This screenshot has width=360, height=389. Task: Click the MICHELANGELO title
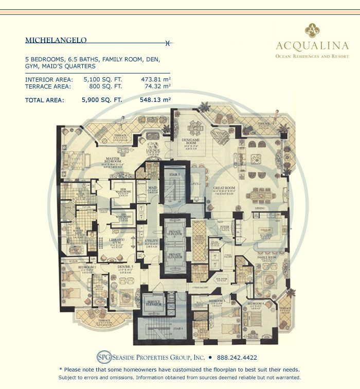[x=56, y=40]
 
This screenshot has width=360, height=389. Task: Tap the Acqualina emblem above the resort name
[x=312, y=30]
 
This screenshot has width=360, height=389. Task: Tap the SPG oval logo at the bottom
[x=104, y=357]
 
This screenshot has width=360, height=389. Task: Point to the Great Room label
[x=224, y=188]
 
